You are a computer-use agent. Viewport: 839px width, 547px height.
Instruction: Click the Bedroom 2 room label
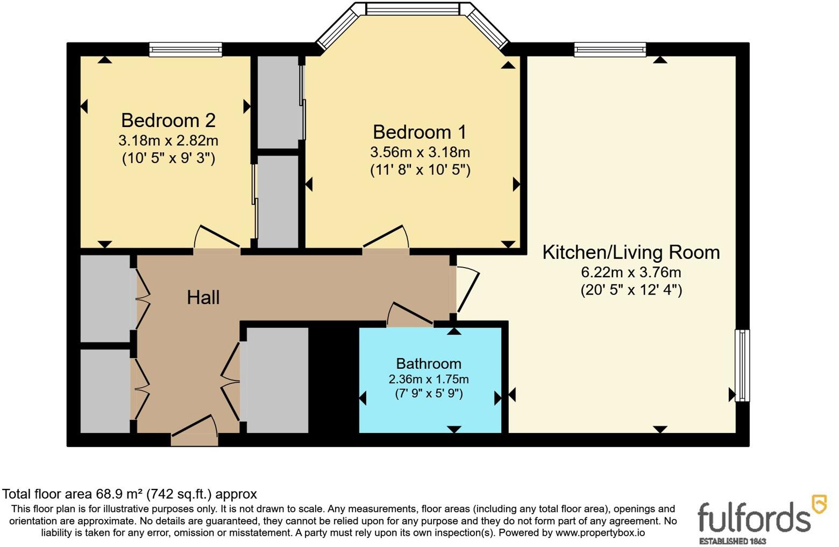(168, 121)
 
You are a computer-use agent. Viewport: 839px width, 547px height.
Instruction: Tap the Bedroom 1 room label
(420, 132)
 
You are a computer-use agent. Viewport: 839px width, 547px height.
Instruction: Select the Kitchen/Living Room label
(631, 253)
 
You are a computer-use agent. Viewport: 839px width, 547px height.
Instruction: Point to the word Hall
(203, 298)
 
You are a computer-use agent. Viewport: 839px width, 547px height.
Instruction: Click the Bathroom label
(429, 363)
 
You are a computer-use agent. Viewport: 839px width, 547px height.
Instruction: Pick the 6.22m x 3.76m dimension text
(631, 272)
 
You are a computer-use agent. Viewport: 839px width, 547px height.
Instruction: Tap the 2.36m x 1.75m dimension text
(429, 379)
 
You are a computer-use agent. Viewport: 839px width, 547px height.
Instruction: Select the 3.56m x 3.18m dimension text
(420, 152)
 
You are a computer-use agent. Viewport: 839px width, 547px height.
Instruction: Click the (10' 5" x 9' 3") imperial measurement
(168, 159)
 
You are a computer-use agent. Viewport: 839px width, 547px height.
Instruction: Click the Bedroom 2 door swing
(217, 237)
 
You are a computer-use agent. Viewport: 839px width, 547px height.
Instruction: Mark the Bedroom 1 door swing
(386, 237)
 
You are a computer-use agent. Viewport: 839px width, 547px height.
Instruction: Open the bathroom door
(410, 313)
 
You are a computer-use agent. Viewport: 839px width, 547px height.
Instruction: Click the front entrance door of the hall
(194, 426)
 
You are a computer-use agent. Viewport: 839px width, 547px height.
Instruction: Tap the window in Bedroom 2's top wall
(186, 50)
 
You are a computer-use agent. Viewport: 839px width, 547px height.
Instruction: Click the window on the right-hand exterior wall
(742, 366)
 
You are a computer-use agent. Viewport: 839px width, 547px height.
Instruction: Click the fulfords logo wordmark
(753, 518)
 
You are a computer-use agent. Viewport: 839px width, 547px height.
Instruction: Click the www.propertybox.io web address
(600, 533)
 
